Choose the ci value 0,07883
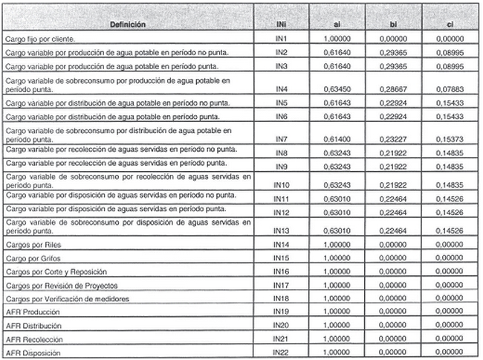coord(450,88)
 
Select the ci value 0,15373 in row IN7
coord(450,138)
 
